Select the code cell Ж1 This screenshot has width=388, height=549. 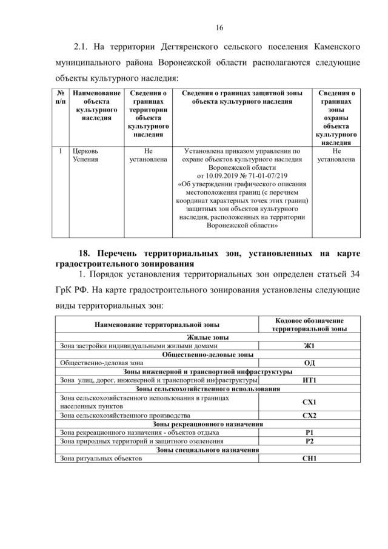click(x=309, y=346)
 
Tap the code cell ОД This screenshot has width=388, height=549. click(x=309, y=363)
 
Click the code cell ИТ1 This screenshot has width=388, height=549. click(x=309, y=380)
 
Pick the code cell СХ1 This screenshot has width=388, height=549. click(x=309, y=402)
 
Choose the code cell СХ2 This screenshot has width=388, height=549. click(x=309, y=416)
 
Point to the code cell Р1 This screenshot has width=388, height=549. click(x=309, y=433)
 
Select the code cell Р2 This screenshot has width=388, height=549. click(x=309, y=441)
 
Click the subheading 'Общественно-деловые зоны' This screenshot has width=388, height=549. click(x=207, y=354)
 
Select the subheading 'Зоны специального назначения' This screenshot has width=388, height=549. click(x=207, y=450)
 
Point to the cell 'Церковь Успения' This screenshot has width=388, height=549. click(x=85, y=155)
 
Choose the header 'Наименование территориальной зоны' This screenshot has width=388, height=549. click(x=157, y=325)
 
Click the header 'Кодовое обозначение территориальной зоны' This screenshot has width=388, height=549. click(x=309, y=325)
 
